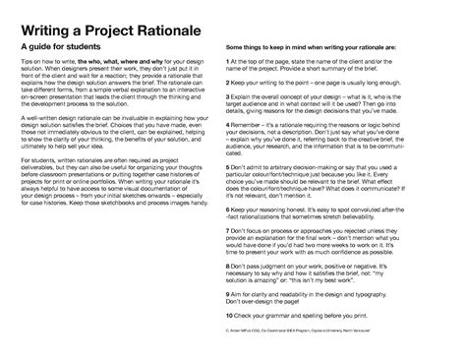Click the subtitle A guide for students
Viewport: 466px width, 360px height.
(x=70, y=47)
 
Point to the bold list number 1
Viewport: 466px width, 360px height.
(x=228, y=61)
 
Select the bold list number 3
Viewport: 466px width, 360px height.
(x=228, y=99)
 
